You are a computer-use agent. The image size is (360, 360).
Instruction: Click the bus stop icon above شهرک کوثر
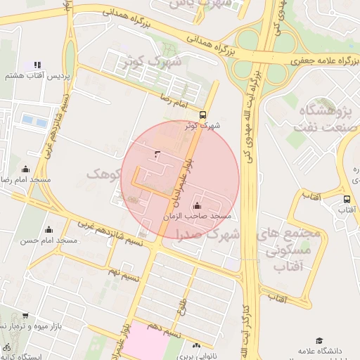tap(202, 115)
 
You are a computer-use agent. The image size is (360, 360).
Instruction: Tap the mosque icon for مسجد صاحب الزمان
tap(195, 206)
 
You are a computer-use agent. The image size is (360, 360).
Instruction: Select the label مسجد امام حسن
tap(49, 240)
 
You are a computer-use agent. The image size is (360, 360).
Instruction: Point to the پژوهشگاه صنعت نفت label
tap(324, 119)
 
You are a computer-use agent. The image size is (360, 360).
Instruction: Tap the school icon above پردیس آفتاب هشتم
tap(37, 65)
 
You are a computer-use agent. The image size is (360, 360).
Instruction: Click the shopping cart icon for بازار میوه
tap(26, 316)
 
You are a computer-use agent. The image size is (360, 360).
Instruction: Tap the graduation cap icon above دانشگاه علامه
tap(319, 340)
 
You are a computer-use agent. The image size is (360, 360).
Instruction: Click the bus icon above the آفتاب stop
tap(347, 199)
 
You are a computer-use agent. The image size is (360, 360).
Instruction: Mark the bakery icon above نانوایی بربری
tap(196, 345)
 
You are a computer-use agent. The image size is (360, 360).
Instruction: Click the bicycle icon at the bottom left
tap(6, 347)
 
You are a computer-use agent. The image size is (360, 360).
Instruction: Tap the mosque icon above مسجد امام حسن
tap(49, 229)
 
